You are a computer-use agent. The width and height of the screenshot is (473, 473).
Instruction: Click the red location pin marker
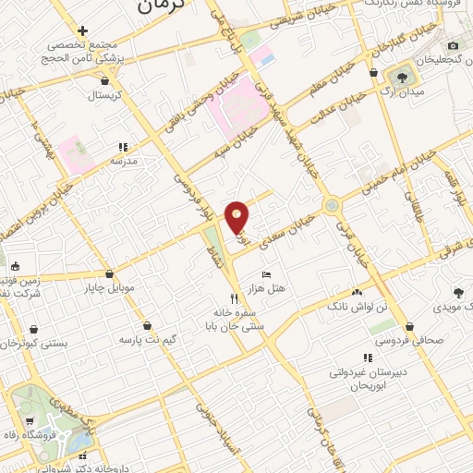coord(237,217)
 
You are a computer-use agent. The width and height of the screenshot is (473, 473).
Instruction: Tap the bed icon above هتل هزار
coord(267,274)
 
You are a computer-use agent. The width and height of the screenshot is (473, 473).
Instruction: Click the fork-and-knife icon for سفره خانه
coord(235,298)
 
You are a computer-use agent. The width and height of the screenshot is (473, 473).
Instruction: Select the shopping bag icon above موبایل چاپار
coord(110,273)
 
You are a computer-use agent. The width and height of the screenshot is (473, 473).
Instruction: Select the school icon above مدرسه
coord(122,146)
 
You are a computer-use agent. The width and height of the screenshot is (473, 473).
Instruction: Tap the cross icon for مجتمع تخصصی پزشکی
coord(83,31)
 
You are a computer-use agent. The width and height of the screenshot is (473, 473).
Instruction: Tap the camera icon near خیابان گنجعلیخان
coord(453,45)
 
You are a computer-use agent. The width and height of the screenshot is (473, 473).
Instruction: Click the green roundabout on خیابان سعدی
coord(330,205)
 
